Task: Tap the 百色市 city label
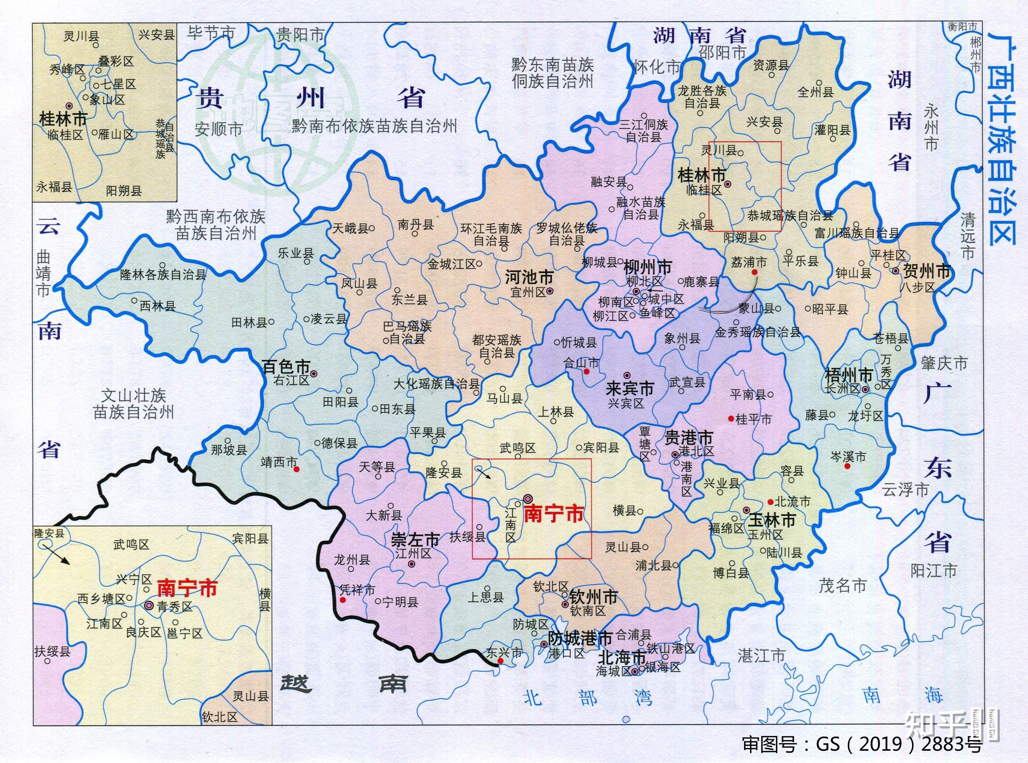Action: click(x=286, y=367)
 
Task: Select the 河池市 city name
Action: click(x=529, y=278)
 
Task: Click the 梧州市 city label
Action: click(x=849, y=375)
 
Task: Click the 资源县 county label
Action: click(x=771, y=65)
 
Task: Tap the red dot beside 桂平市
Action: click(x=731, y=418)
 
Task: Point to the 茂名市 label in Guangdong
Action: click(x=842, y=586)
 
